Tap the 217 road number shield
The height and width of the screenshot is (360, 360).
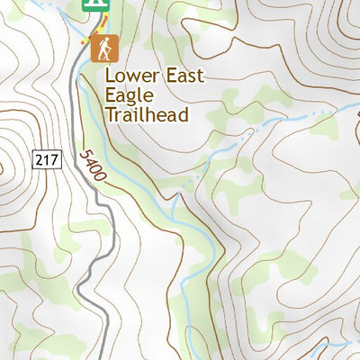[x=49, y=160]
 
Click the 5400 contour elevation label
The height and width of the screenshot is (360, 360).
[x=91, y=167]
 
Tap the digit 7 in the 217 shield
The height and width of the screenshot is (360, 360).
[x=55, y=160]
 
